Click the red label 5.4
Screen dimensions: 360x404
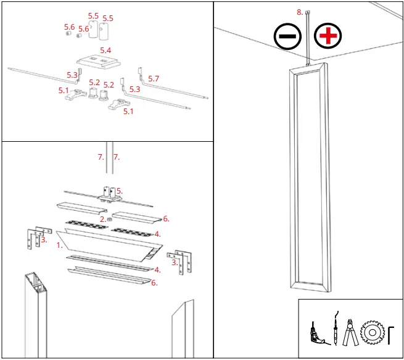point(105,50)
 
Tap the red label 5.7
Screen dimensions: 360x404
point(154,79)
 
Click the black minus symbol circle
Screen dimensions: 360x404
point(287,36)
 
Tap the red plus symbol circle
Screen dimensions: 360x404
point(328,36)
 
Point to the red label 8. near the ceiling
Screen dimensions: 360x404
point(300,12)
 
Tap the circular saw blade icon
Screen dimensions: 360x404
point(373,333)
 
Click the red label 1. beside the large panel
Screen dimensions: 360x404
point(60,245)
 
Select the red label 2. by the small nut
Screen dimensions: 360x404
point(103,219)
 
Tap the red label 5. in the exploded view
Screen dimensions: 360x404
point(120,191)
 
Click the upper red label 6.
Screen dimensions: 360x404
point(166,219)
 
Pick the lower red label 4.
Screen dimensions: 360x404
point(158,269)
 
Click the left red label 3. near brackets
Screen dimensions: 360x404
point(43,240)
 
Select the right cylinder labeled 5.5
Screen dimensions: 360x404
point(104,30)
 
